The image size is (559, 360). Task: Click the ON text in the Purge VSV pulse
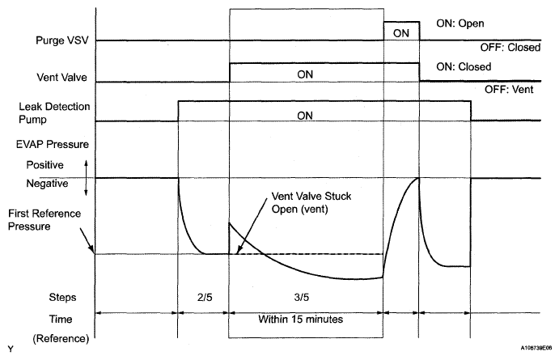[x=400, y=33]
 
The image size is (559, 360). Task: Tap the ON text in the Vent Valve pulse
[x=304, y=74]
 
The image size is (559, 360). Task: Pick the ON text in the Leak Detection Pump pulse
[x=305, y=115]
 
